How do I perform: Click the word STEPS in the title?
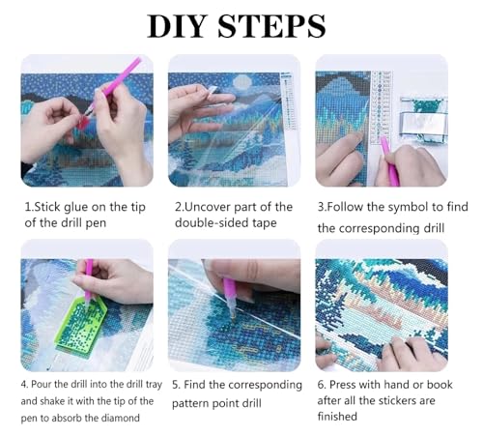[271, 26]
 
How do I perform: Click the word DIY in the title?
[177, 26]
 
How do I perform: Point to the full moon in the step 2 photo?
[241, 82]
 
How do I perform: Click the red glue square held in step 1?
[84, 123]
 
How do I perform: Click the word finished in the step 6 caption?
[337, 416]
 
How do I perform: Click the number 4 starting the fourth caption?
[24, 385]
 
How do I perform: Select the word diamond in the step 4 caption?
[120, 418]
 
